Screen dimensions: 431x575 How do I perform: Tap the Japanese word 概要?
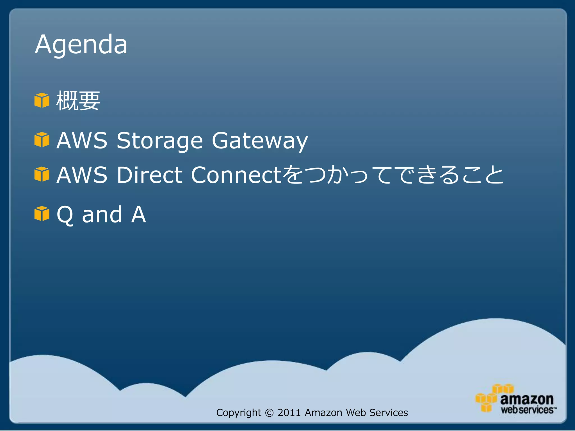pyautogui.click(x=78, y=101)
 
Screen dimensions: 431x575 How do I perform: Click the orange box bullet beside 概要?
pyautogui.click(x=42, y=100)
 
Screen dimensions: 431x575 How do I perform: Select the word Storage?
pyautogui.click(x=159, y=141)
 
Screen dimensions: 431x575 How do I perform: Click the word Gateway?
pyautogui.click(x=260, y=141)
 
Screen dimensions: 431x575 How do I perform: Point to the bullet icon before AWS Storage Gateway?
pyautogui.click(x=42, y=140)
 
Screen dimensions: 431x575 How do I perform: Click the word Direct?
pyautogui.click(x=149, y=175)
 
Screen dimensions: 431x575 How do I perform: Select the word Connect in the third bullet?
pyautogui.click(x=236, y=175)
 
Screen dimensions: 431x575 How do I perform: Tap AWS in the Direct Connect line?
pyautogui.click(x=82, y=175)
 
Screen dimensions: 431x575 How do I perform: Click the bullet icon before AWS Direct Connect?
pyautogui.click(x=42, y=174)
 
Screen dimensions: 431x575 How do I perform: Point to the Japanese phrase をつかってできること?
pyautogui.click(x=393, y=175)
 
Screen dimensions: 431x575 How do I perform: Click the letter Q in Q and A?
pyautogui.click(x=65, y=215)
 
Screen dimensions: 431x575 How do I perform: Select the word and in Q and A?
pyautogui.click(x=102, y=215)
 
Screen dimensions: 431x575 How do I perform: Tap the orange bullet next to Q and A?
pyautogui.click(x=42, y=214)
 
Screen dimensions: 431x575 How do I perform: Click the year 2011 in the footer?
pyautogui.click(x=289, y=412)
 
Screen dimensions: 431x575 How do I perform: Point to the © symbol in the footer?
pyautogui.click(x=269, y=413)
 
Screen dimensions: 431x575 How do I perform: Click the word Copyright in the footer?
pyautogui.click(x=239, y=413)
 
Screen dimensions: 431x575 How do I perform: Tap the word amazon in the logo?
pyautogui.click(x=527, y=399)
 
